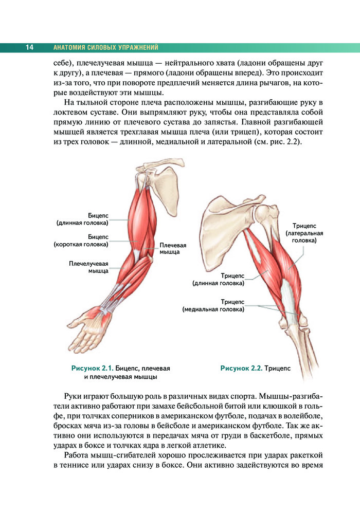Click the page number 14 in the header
29,48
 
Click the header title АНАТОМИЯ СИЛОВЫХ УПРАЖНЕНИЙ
105,48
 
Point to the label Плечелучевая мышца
88,267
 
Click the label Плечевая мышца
173,249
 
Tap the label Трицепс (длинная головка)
219,279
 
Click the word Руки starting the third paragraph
75,397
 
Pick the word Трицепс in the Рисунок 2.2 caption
278,368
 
